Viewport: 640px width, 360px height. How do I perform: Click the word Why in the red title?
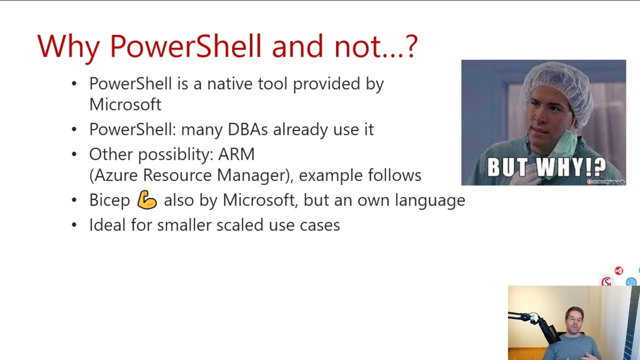click(x=68, y=46)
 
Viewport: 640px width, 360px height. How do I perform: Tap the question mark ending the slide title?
click(x=411, y=46)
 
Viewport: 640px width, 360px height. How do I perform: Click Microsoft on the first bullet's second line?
click(x=125, y=104)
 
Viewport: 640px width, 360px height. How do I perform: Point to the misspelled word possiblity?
click(x=175, y=154)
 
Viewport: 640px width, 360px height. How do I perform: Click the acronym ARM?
click(x=236, y=154)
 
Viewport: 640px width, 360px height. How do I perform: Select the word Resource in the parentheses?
click(x=177, y=175)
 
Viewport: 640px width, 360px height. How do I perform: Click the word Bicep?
click(x=109, y=200)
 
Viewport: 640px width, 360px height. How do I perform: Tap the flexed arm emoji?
click(x=147, y=200)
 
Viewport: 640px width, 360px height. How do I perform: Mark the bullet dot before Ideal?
click(x=74, y=225)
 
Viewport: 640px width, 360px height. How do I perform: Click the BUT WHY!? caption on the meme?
click(x=546, y=167)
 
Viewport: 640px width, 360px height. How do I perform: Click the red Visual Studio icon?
click(x=618, y=270)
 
